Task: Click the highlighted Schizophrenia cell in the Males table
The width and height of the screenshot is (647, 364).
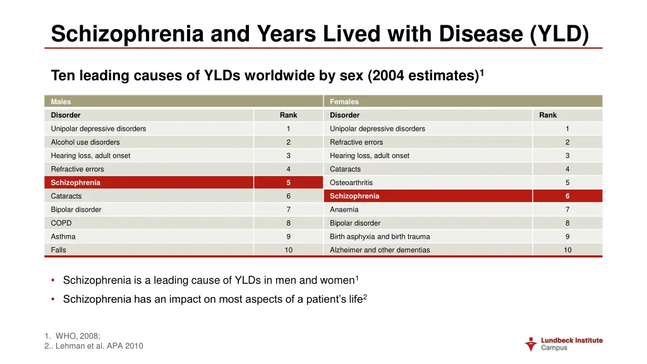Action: click(x=76, y=183)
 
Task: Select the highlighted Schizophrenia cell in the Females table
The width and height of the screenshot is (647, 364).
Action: click(x=354, y=196)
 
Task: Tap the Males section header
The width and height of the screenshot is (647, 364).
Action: click(x=61, y=102)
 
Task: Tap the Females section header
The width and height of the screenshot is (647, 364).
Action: click(x=344, y=102)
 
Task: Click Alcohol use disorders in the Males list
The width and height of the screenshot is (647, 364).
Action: click(x=85, y=142)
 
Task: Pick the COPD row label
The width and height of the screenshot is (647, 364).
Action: click(x=61, y=223)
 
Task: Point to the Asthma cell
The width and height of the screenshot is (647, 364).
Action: click(x=63, y=236)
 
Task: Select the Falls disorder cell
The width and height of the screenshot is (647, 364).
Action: click(x=59, y=250)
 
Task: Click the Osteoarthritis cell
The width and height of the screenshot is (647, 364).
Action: click(x=352, y=183)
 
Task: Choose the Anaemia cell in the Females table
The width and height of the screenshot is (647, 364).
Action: click(x=344, y=210)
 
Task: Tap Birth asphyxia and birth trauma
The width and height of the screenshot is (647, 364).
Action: click(x=380, y=236)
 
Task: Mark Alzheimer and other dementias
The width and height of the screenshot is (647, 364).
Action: click(x=380, y=250)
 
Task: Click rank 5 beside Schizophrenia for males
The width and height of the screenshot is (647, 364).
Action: click(x=288, y=183)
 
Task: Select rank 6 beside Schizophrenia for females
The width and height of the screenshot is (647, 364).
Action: click(x=567, y=196)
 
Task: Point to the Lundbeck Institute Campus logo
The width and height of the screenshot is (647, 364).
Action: click(x=564, y=344)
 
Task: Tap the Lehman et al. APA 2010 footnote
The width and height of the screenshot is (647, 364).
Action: click(x=98, y=346)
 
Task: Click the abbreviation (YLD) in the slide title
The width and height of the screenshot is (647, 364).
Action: click(x=559, y=33)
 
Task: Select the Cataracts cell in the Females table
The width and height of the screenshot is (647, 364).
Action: click(x=345, y=169)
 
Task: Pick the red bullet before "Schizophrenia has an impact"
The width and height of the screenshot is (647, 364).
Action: click(x=54, y=300)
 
